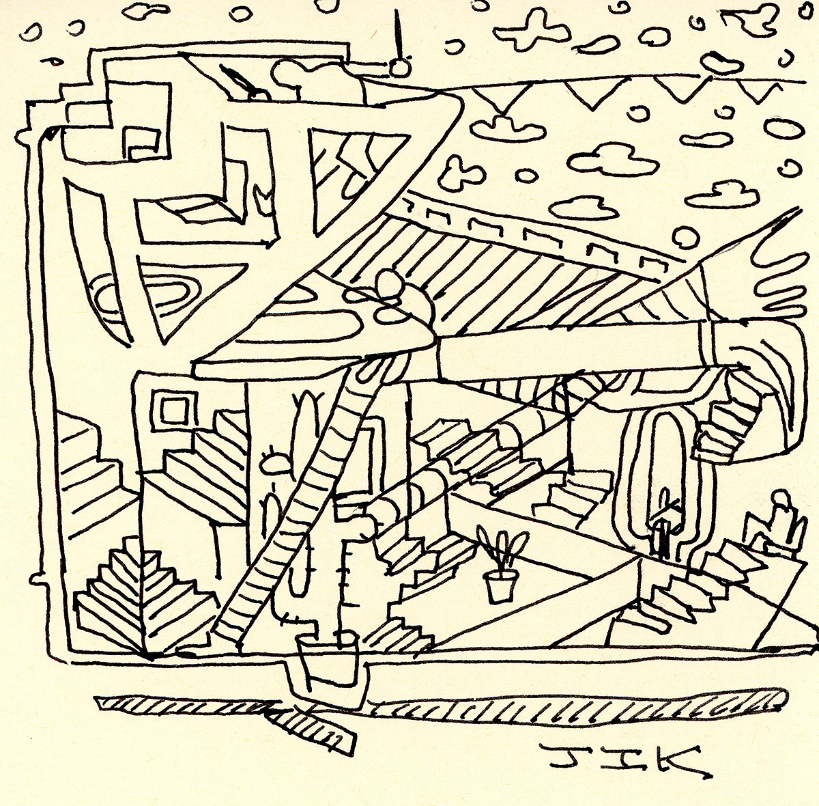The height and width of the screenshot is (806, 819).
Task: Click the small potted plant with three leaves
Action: (x=500, y=568)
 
